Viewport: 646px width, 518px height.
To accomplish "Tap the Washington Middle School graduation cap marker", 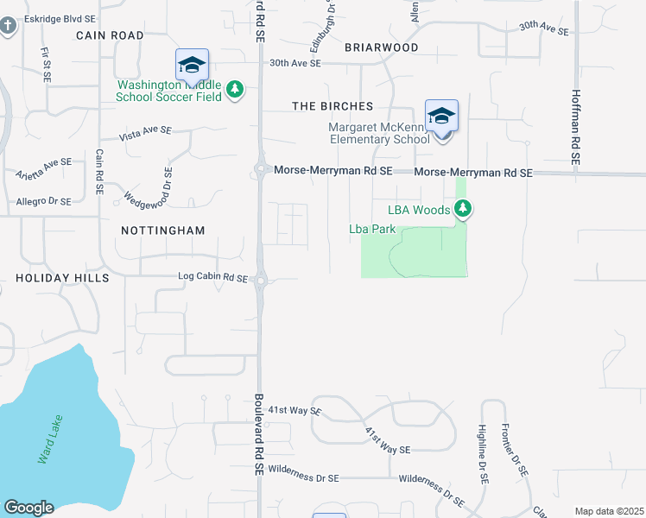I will click(x=192, y=65).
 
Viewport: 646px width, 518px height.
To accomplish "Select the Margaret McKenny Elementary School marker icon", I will click(x=441, y=117).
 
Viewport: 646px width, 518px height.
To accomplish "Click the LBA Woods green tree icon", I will click(x=464, y=208).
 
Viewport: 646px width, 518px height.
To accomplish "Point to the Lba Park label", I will click(x=371, y=230).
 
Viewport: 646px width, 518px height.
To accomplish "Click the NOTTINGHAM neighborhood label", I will click(x=163, y=231).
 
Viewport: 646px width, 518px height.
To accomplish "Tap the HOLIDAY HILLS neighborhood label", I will click(x=62, y=278).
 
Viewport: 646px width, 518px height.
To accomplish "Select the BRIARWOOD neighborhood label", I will click(x=381, y=47).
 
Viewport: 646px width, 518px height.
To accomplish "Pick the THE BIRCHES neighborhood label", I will click(x=332, y=106).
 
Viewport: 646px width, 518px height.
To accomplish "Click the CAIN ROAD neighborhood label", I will click(x=110, y=35).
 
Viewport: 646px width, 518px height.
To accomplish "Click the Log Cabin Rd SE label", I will click(x=212, y=279).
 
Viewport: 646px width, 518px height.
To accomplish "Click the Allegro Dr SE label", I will click(x=43, y=201).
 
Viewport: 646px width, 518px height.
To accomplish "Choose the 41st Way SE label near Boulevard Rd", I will click(x=294, y=411).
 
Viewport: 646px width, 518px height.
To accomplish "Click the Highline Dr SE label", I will click(x=482, y=452).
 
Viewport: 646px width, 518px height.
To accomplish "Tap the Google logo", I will click(x=28, y=508).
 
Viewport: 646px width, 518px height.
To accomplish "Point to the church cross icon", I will click(x=8, y=26).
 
